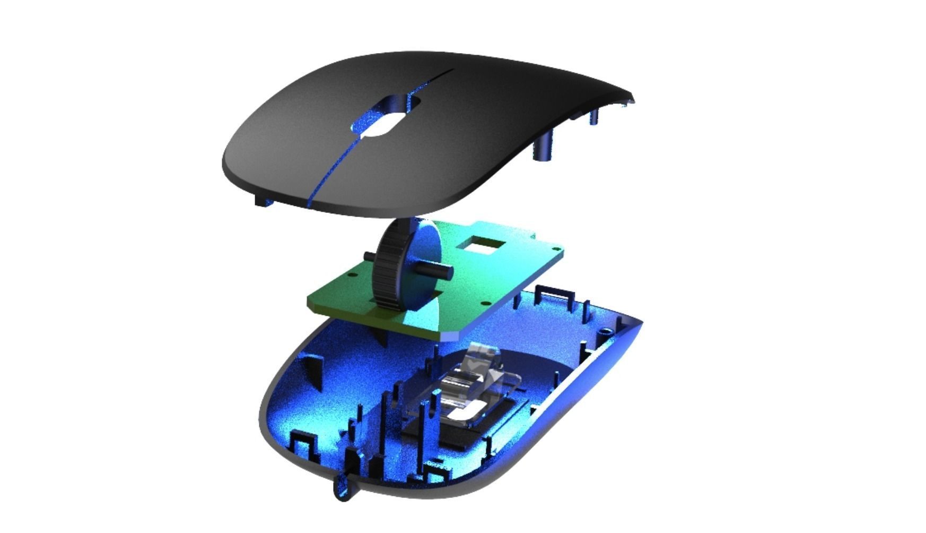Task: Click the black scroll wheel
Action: point(386,265)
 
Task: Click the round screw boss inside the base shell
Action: point(604,330)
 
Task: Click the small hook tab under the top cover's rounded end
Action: point(262,200)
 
